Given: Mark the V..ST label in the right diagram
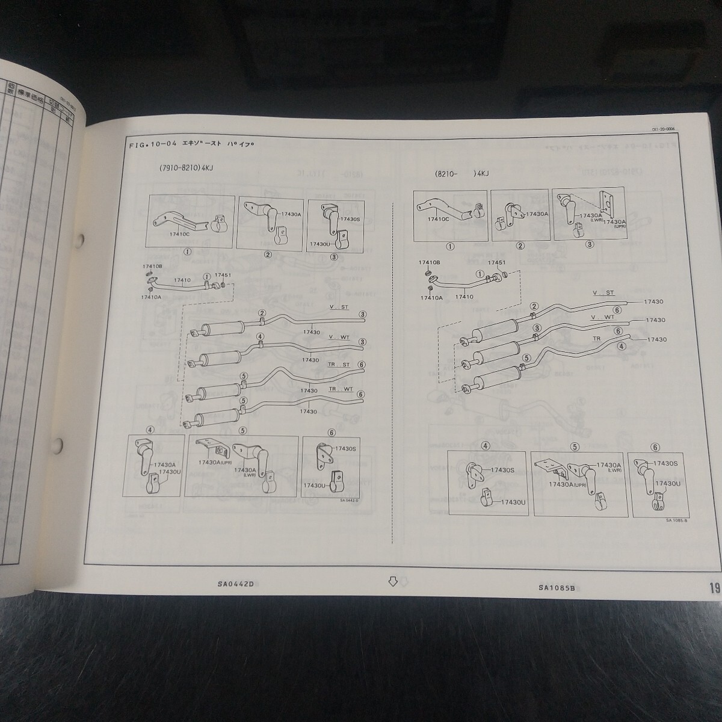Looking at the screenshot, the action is (603, 293).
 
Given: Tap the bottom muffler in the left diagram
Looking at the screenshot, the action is (214, 415).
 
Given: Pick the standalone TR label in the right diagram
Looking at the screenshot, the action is (597, 339).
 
